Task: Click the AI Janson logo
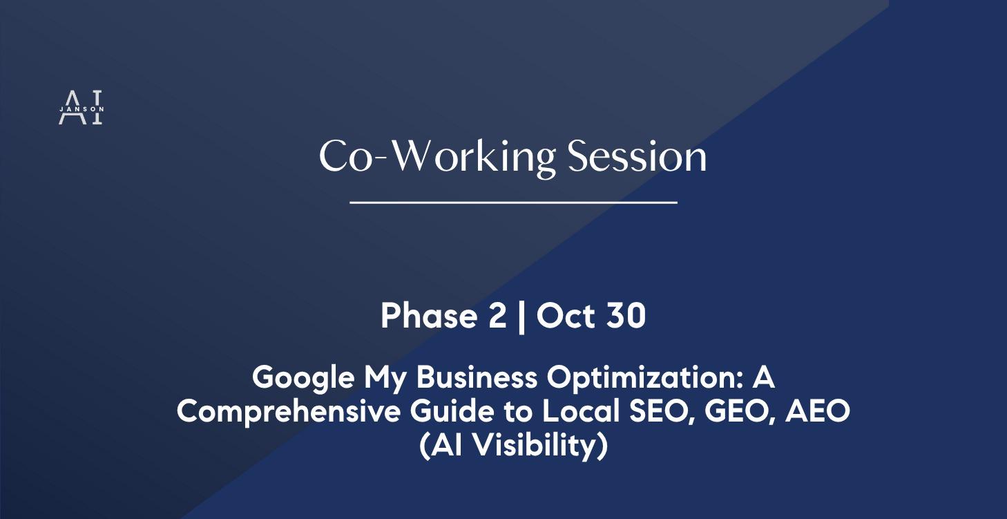click(x=81, y=108)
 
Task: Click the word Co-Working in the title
click(x=437, y=157)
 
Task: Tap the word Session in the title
click(x=637, y=157)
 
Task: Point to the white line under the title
click(x=513, y=202)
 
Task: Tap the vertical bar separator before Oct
click(x=521, y=317)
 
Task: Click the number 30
click(x=623, y=316)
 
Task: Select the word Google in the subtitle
click(x=303, y=377)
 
